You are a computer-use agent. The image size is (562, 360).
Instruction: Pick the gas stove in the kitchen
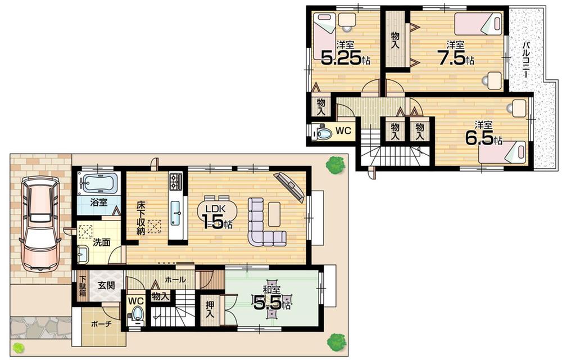click(x=176, y=181)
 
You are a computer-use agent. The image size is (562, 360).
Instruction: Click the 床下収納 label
click(x=140, y=218)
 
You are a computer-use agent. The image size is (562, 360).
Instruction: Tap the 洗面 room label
click(x=102, y=243)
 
